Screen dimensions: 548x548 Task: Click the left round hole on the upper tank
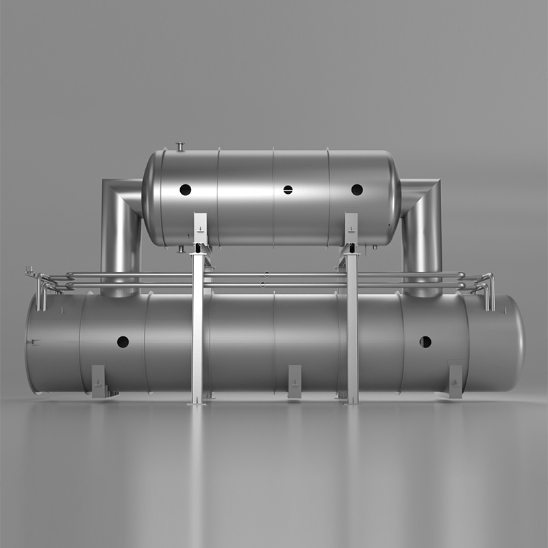[186, 190]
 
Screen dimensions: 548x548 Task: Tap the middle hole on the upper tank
[288, 190]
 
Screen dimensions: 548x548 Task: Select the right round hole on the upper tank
[357, 190]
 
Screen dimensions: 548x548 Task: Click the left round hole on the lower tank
[123, 341]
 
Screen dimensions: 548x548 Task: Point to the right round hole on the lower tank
[425, 341]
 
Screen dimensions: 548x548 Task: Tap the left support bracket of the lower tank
[99, 381]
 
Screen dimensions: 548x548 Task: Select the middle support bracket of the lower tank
[295, 381]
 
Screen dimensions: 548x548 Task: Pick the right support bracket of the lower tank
[456, 381]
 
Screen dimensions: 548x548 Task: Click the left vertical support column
[198, 322]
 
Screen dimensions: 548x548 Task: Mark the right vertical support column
[352, 322]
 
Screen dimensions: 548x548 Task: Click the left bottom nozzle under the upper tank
[179, 249]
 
